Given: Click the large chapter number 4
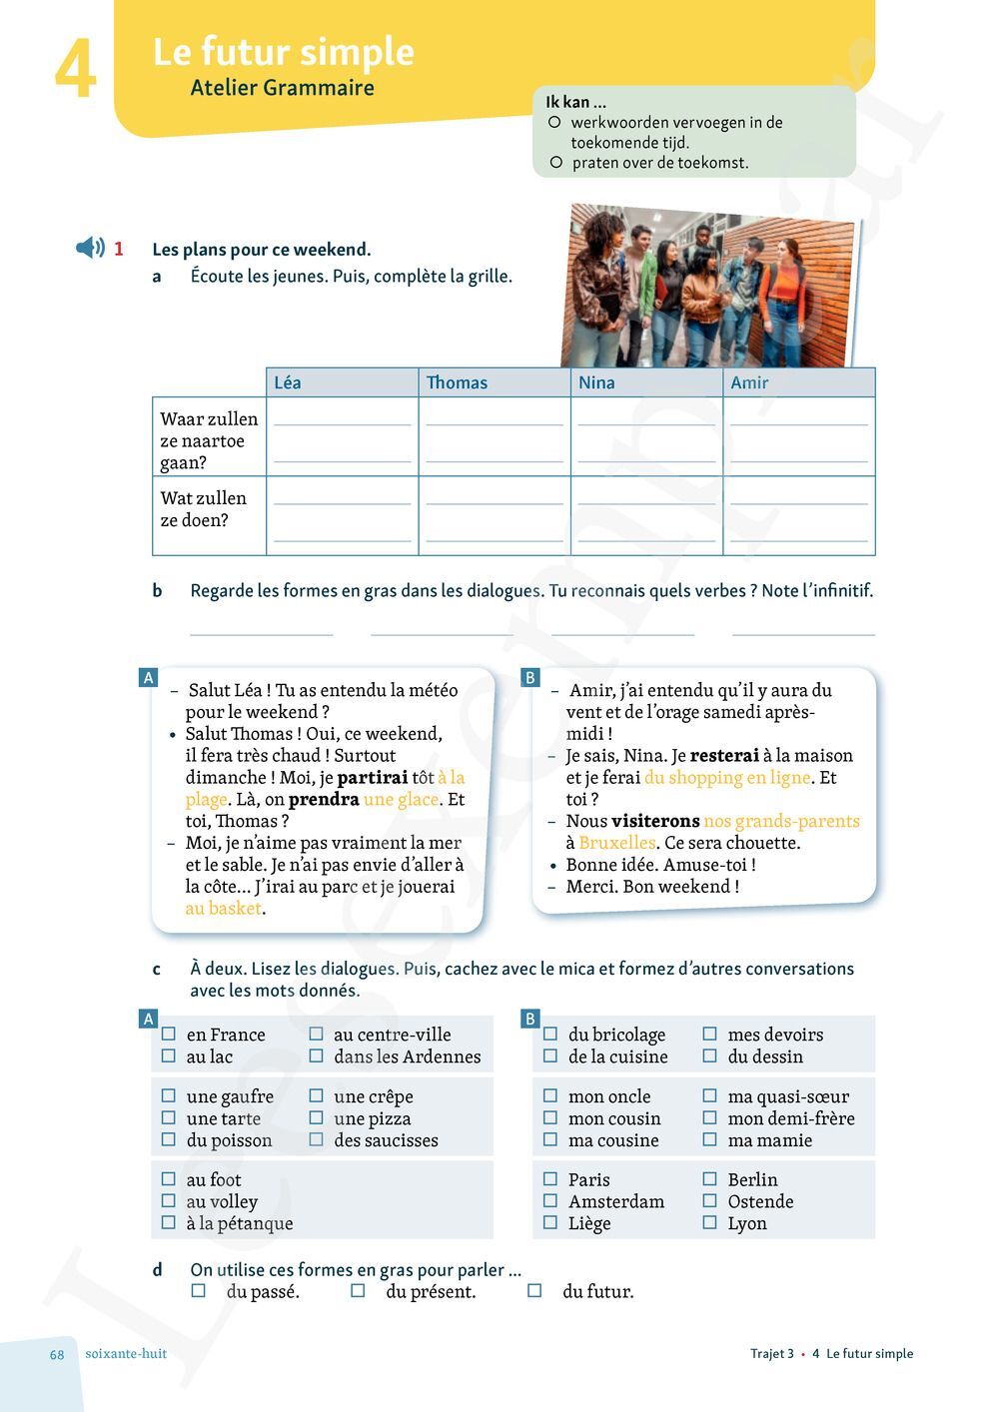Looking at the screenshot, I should click(75, 70).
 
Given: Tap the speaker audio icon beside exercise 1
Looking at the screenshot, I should click(90, 248).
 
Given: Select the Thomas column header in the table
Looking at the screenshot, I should click(457, 382).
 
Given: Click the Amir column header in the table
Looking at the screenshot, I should click(749, 382).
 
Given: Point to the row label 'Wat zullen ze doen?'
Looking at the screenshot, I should click(204, 509).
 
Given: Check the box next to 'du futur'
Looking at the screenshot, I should click(534, 1291).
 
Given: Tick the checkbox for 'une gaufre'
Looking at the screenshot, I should click(169, 1095).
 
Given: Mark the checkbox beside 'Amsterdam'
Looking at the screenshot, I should click(550, 1200).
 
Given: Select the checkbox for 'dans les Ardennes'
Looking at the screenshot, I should click(316, 1056).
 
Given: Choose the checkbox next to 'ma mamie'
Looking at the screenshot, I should click(710, 1139).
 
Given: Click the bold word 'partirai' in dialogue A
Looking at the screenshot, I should click(372, 777).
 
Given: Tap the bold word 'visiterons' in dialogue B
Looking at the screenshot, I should click(654, 821).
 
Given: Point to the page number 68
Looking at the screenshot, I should click(57, 1355).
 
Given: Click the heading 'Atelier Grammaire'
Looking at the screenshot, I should click(282, 88).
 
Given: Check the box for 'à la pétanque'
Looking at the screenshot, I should click(169, 1222).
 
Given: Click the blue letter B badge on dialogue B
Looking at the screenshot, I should click(530, 678).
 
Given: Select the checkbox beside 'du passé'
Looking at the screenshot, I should click(199, 1291).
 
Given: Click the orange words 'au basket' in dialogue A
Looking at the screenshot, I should click(223, 909).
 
